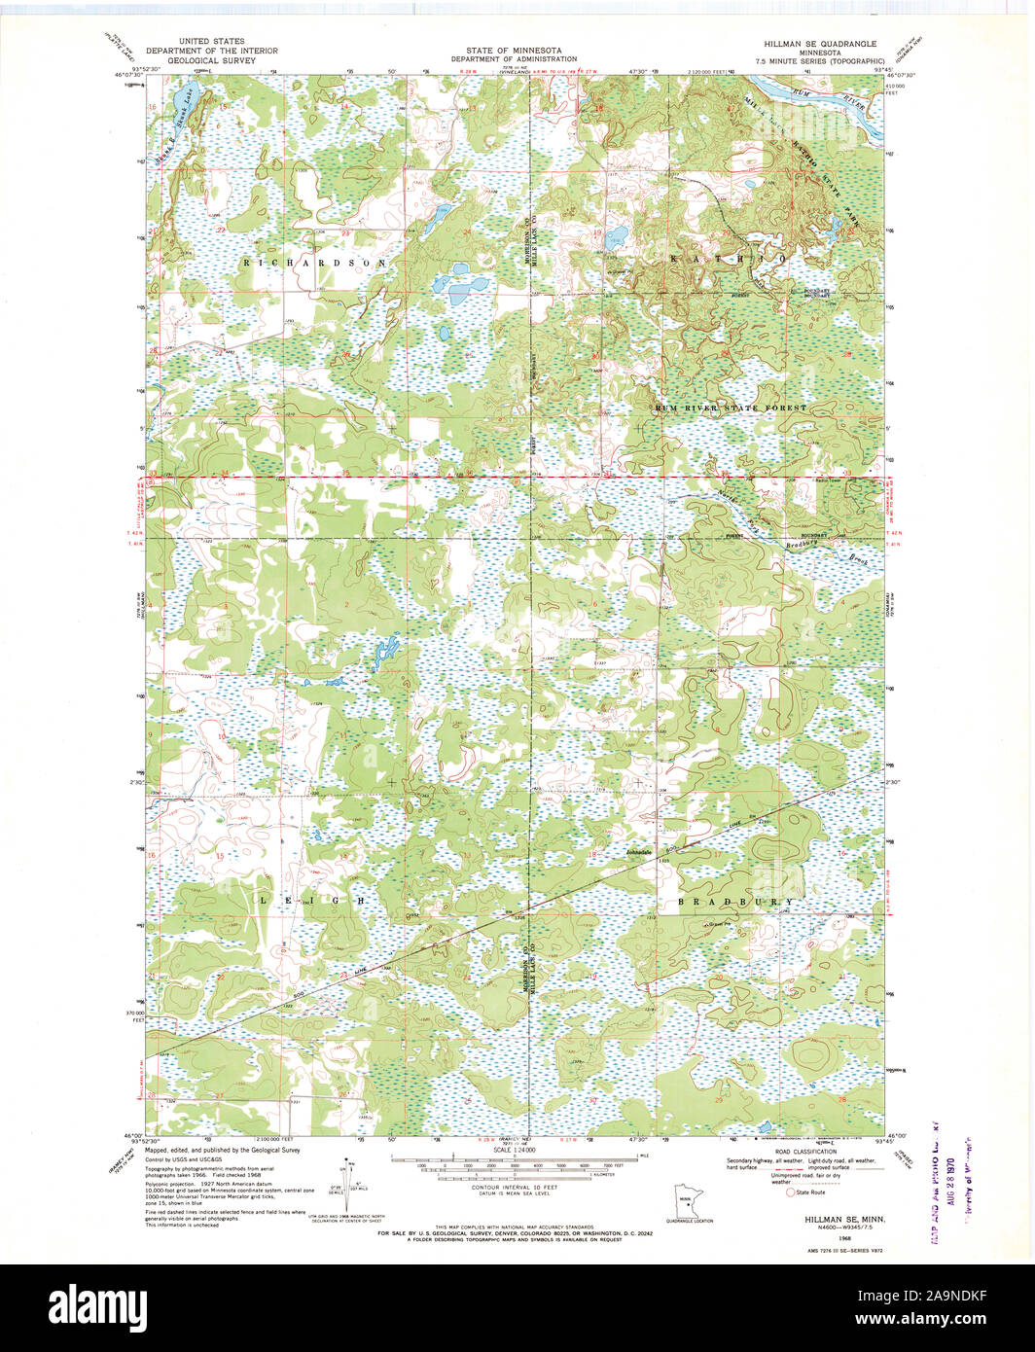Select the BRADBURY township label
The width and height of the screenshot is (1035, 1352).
[735, 902]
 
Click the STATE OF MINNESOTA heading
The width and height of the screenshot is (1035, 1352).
[506, 50]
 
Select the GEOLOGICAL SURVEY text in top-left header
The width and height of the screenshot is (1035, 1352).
[211, 60]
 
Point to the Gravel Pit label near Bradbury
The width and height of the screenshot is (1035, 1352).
[720, 923]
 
